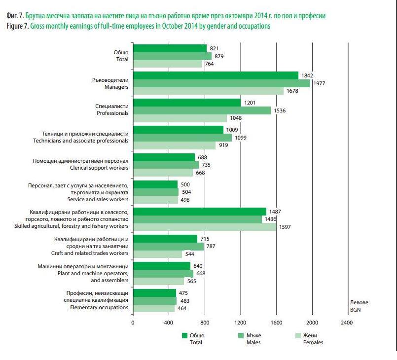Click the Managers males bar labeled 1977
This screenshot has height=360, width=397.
point(222,83)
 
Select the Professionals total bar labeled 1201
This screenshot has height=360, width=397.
point(187,103)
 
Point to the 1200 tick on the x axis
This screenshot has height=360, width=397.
point(240,323)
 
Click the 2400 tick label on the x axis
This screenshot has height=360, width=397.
point(347,323)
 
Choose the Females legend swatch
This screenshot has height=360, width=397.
point(298,335)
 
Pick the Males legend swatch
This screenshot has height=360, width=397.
point(242,335)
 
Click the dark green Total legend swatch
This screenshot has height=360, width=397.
point(185,335)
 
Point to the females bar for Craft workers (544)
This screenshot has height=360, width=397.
point(158,254)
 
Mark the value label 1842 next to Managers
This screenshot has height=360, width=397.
point(308,75)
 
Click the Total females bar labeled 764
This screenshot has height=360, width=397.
point(168,64)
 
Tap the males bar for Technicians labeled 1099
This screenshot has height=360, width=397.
point(182,138)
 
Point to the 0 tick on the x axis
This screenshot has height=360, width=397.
point(133,323)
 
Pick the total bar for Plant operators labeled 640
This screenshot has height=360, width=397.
point(162,266)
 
